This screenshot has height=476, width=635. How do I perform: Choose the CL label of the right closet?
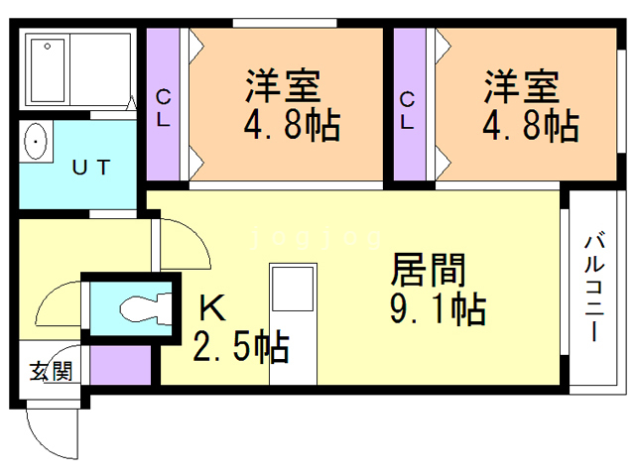408,108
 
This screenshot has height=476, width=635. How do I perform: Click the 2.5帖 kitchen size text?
241,347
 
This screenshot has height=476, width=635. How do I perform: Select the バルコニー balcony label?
594,288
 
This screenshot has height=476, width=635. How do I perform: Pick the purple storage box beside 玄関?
120,367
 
